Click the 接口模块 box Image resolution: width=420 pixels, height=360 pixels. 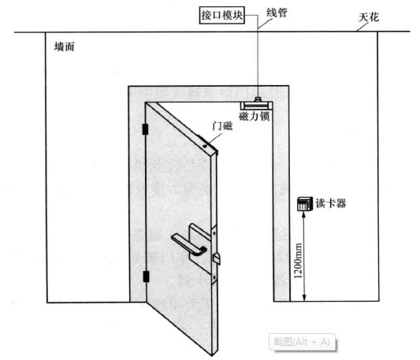(x=222, y=15)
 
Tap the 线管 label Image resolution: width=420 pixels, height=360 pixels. (x=277, y=13)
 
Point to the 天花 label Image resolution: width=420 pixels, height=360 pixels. (x=369, y=17)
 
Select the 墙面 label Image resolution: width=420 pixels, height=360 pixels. (x=65, y=47)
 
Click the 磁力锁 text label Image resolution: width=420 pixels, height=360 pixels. (x=254, y=117)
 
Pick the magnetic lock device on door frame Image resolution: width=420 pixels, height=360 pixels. (x=256, y=103)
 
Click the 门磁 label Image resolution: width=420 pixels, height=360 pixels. (x=222, y=125)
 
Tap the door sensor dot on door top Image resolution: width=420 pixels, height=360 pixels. (x=205, y=146)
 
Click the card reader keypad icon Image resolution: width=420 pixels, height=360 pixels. (x=305, y=204)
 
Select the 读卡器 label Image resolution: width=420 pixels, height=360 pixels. (x=331, y=203)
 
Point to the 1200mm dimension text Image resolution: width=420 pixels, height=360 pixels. (x=298, y=261)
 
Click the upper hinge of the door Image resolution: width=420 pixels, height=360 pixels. (x=146, y=129)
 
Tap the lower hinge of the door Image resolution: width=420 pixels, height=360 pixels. (x=146, y=276)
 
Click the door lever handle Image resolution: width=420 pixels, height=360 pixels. (x=189, y=244)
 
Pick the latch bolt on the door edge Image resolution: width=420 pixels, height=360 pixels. (x=217, y=258)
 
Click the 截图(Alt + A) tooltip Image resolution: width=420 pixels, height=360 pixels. (x=302, y=342)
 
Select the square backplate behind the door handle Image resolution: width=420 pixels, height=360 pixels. (x=200, y=248)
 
